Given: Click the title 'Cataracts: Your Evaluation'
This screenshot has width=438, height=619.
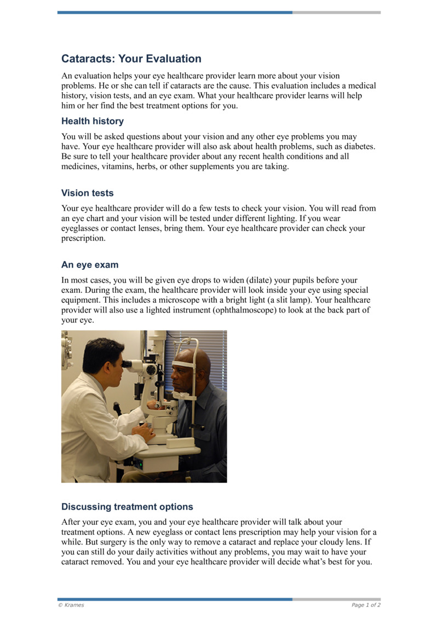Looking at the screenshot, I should click(131, 59).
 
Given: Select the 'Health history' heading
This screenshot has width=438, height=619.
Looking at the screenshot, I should click(93, 121).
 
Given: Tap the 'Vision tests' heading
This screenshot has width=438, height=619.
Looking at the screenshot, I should click(88, 193).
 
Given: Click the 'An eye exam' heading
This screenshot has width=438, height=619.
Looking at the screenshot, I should click(90, 265).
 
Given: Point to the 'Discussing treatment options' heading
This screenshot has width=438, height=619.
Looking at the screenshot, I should click(127, 507).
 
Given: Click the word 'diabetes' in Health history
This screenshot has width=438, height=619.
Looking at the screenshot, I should click(359, 147).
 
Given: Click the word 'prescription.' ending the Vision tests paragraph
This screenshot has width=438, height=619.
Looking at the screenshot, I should click(83, 239).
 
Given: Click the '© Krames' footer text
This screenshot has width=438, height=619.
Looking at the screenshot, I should click(71, 605).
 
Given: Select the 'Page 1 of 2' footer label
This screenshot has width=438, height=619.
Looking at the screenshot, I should click(366, 605).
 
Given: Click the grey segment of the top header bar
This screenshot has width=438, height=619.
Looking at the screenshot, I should click(336, 12).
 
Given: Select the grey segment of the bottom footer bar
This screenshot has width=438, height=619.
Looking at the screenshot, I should click(336, 599).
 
